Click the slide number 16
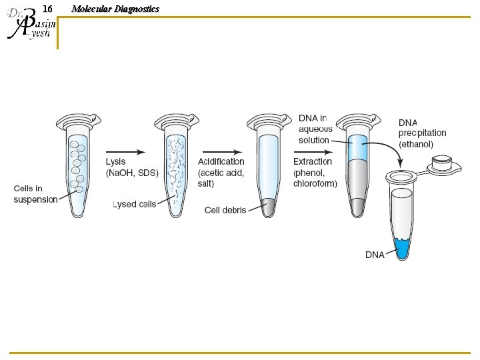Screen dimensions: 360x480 pyautogui.click(x=47, y=9)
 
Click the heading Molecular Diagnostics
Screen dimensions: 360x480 pyautogui.click(x=115, y=9)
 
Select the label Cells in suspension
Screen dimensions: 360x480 pyautogui.click(x=35, y=194)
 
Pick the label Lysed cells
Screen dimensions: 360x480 pyautogui.click(x=134, y=204)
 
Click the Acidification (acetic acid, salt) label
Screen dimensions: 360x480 pyautogui.click(x=221, y=172)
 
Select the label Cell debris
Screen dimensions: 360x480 pyautogui.click(x=225, y=210)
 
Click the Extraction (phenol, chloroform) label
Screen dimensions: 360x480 pyautogui.click(x=315, y=172)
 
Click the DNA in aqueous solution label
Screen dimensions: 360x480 pyautogui.click(x=315, y=129)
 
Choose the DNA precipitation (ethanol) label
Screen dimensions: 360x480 pyautogui.click(x=422, y=133)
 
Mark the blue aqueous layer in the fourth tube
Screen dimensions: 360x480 pyautogui.click(x=359, y=149)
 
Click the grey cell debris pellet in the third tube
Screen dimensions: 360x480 pyautogui.click(x=267, y=207)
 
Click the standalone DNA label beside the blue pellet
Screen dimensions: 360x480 pyautogui.click(x=375, y=255)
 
